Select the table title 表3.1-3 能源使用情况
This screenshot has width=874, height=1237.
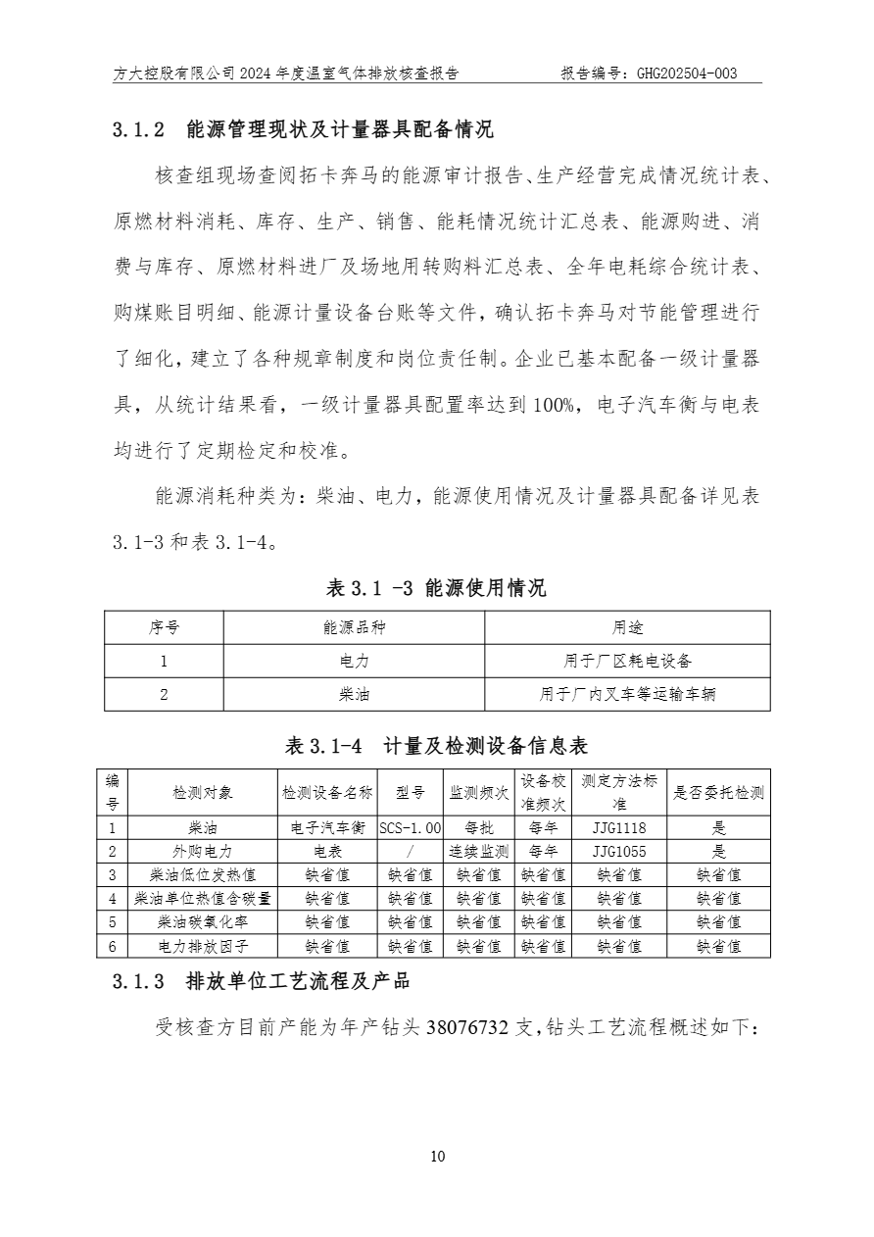point(436,588)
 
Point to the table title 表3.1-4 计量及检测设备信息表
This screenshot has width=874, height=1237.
point(436,747)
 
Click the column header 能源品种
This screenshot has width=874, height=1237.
point(354,628)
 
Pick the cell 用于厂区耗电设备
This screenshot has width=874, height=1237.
point(627,662)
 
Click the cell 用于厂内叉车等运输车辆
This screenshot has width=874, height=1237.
point(627,695)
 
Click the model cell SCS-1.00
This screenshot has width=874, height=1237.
point(411,828)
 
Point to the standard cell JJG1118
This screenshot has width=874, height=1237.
point(619,828)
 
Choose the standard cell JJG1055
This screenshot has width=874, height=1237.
point(619,852)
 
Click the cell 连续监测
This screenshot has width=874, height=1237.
point(479,852)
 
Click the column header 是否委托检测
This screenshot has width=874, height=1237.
point(718,793)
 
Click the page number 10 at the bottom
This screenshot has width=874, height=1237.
point(437,1157)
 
